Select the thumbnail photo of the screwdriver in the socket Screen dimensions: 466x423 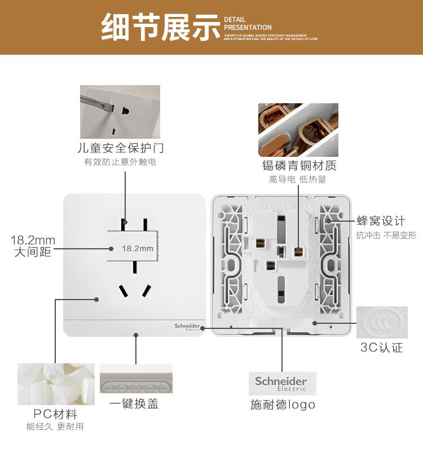pyautogui.click(x=120, y=112)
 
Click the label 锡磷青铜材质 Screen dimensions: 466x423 pyautogui.click(x=299, y=166)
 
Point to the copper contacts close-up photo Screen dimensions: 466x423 pyautogui.click(x=298, y=130)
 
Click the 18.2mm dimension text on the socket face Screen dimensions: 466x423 pyautogui.click(x=138, y=248)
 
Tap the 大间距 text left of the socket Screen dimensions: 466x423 pyautogui.click(x=33, y=252)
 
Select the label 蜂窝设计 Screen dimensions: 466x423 pyautogui.click(x=381, y=221)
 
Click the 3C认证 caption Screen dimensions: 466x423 pyautogui.click(x=382, y=348)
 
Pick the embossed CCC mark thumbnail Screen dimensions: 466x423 pyautogui.click(x=382, y=322)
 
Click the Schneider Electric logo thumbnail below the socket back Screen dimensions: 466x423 pyautogui.click(x=281, y=383)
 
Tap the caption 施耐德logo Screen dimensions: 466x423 pyautogui.click(x=283, y=405)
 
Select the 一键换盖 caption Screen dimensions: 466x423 pyautogui.click(x=134, y=404)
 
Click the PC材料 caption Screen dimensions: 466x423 pyautogui.click(x=55, y=414)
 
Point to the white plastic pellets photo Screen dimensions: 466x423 pyautogui.click(x=55, y=384)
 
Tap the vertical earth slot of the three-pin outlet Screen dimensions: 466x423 pyautogui.click(x=135, y=266)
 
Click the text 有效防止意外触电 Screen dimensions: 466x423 pyautogui.click(x=120, y=162)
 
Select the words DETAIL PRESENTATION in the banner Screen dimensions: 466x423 pyautogui.click(x=248, y=24)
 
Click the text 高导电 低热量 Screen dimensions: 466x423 pyautogui.click(x=297, y=179)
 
